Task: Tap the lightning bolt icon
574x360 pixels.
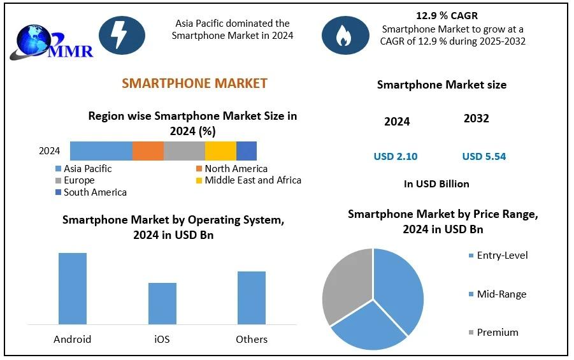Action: [x=122, y=34]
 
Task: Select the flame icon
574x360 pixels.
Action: [x=345, y=34]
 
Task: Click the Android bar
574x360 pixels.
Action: [x=73, y=289]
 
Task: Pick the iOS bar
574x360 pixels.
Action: [x=162, y=303]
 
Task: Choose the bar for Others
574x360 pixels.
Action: [x=252, y=298]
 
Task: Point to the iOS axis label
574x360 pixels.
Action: [x=162, y=339]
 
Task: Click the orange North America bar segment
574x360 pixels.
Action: [x=148, y=151]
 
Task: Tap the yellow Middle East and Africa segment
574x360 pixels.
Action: [x=220, y=151]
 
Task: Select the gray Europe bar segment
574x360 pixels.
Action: [x=184, y=151]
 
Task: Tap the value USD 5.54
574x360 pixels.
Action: [x=484, y=157]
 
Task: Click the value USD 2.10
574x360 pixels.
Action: [x=396, y=157]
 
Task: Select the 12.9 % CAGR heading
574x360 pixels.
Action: [x=446, y=15]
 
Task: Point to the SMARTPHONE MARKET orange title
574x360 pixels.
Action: [x=194, y=83]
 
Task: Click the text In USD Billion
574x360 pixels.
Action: [x=436, y=184]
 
